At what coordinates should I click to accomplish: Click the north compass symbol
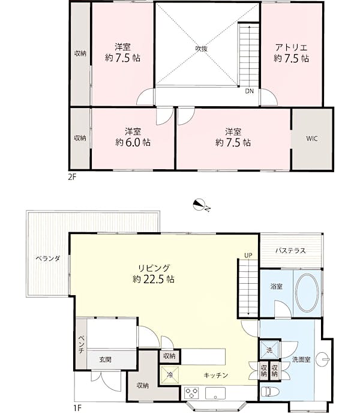tap(199, 205)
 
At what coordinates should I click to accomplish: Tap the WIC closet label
tap(311, 139)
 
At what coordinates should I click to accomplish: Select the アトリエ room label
tap(292, 48)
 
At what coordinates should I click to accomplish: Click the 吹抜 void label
tap(202, 49)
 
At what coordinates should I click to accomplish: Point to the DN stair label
tap(250, 91)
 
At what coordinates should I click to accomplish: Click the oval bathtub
tap(307, 293)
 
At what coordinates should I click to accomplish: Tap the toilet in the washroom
tap(269, 392)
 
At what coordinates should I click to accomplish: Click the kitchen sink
tap(215, 394)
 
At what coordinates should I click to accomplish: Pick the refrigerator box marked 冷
tap(170, 374)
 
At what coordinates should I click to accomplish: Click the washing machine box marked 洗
tap(269, 350)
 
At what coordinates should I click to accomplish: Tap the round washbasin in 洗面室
tap(322, 359)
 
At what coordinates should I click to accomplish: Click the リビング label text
tap(154, 268)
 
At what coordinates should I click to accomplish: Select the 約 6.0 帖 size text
tap(133, 142)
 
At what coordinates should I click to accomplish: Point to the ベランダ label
tap(48, 259)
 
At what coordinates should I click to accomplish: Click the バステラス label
tap(290, 250)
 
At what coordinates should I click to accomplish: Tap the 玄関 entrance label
tap(105, 359)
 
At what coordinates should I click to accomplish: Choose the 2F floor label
tap(72, 177)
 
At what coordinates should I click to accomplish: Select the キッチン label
tap(216, 375)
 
